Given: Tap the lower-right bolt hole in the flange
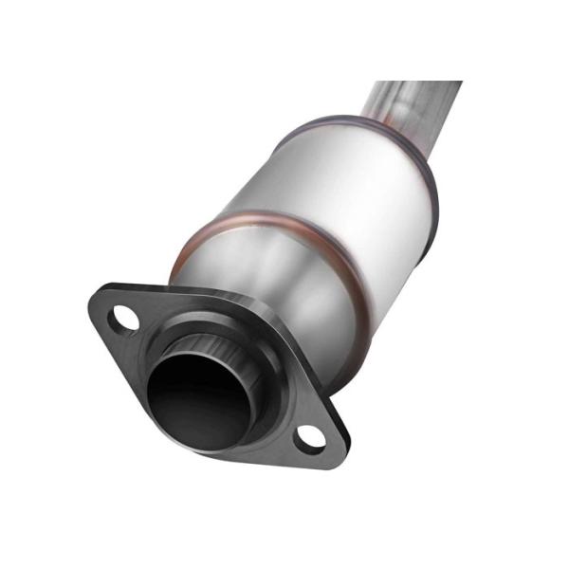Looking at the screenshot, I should tap(309, 437).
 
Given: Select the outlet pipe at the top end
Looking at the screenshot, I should tap(417, 95).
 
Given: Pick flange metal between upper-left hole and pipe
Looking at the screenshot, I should tap(152, 327).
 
